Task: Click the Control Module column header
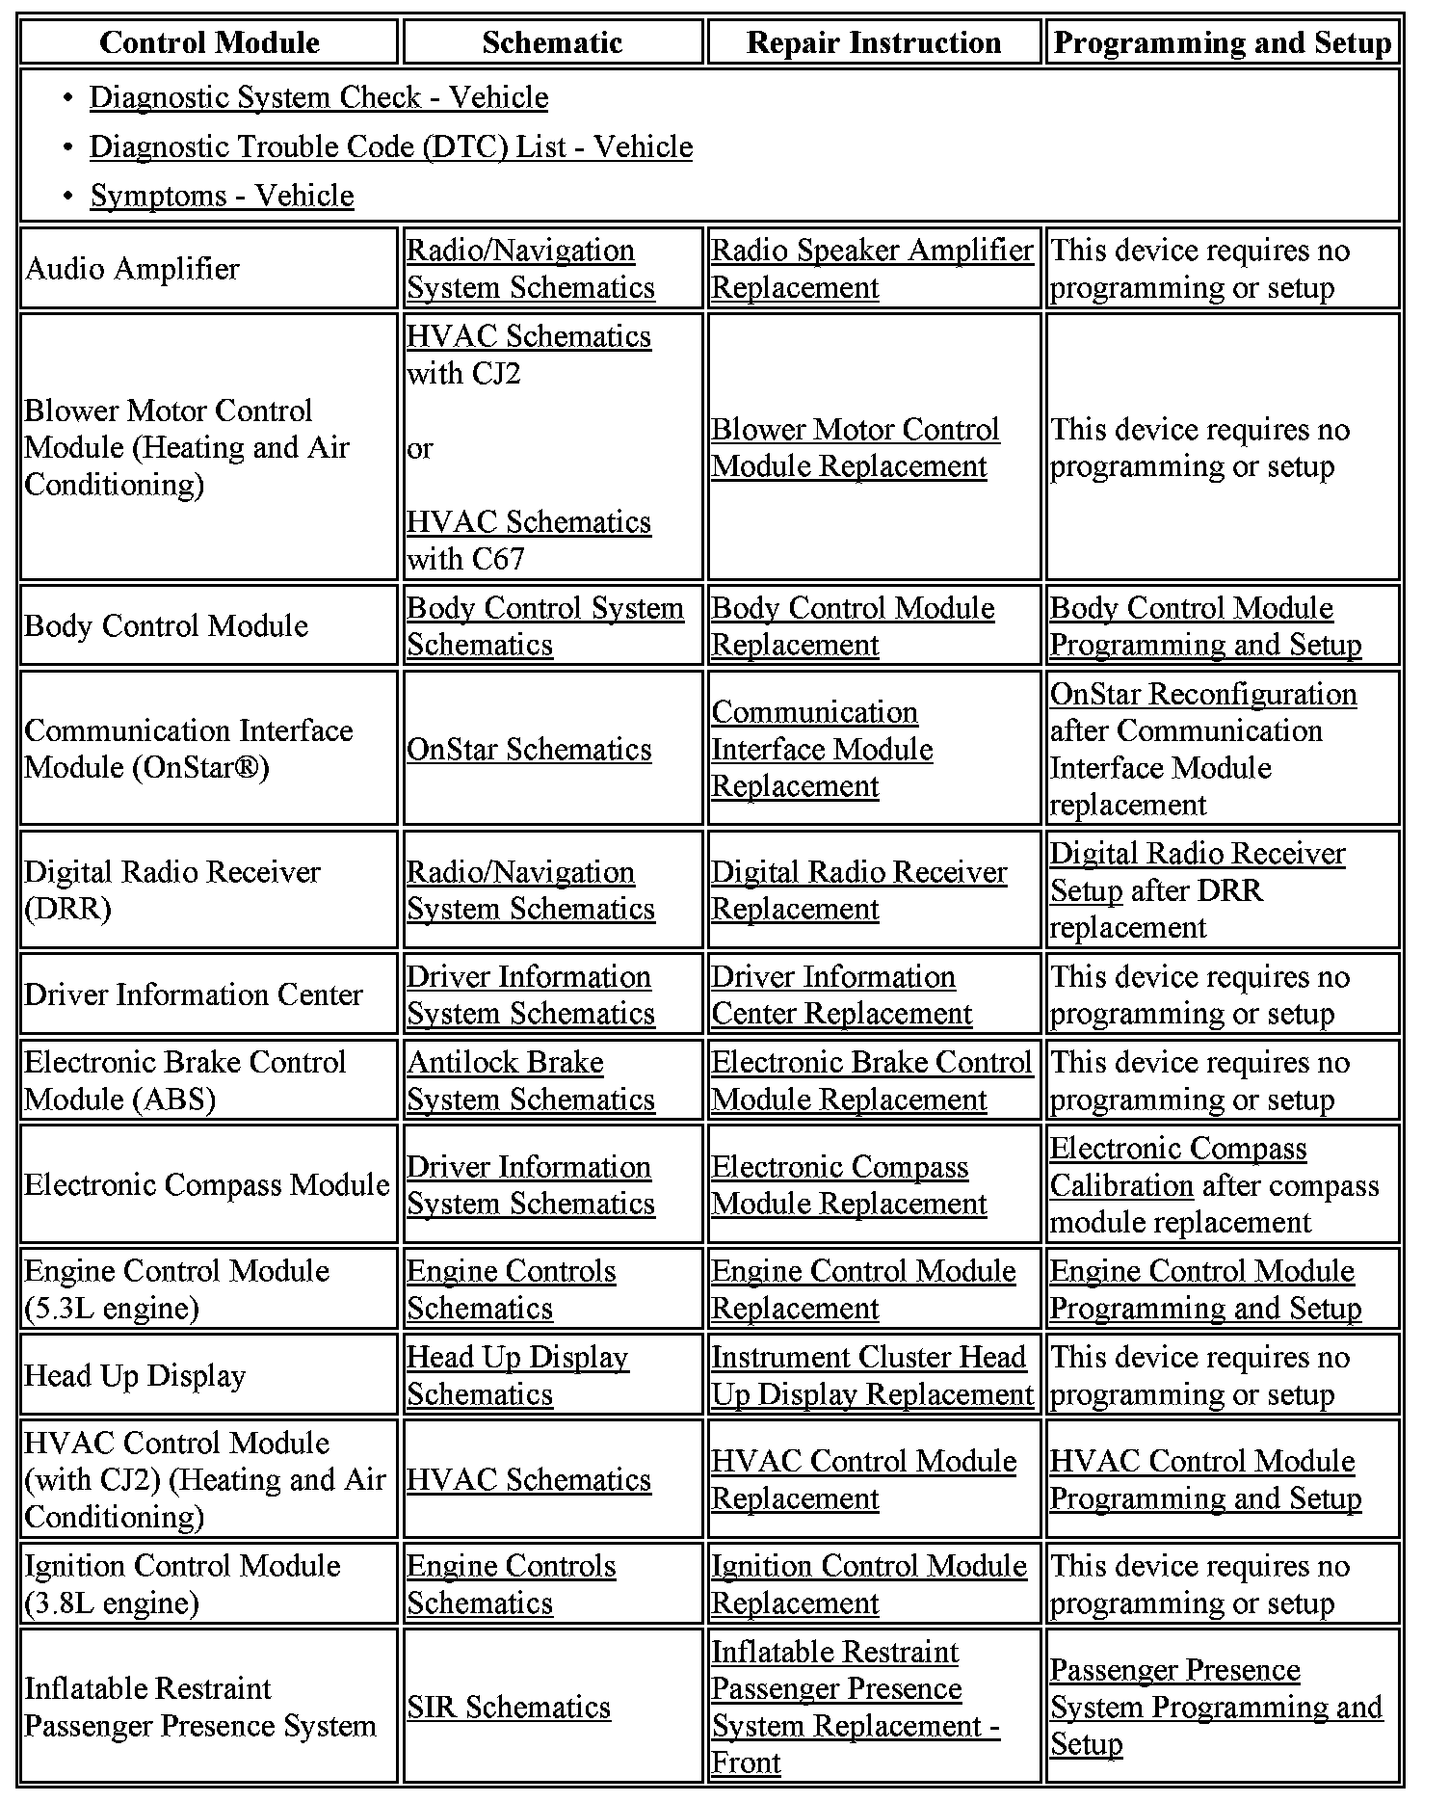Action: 209,42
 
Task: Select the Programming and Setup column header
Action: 1223,42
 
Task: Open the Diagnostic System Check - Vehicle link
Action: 319,97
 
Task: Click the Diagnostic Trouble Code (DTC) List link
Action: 390,146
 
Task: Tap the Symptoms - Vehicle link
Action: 222,196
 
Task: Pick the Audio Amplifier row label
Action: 132,269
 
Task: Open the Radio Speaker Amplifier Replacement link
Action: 871,269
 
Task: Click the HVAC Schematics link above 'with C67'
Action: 529,521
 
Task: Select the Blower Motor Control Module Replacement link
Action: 855,448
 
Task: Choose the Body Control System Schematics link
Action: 544,626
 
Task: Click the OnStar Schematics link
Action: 529,749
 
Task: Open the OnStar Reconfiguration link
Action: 1203,694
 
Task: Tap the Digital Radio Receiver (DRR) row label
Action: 171,889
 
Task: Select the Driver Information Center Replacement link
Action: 841,994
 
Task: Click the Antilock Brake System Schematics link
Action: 530,1080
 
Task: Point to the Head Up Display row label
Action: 135,1376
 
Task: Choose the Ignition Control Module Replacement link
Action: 868,1584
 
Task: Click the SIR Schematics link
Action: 509,1707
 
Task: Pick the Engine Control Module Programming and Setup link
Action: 1204,1289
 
